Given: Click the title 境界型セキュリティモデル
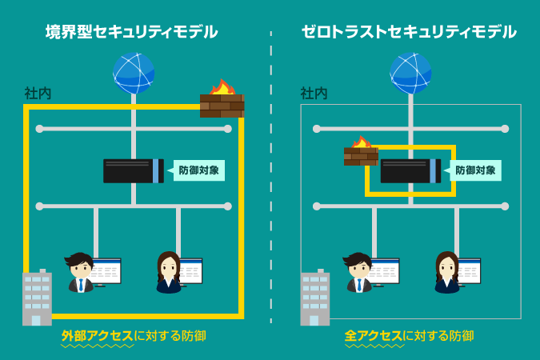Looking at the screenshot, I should pyautogui.click(x=131, y=32).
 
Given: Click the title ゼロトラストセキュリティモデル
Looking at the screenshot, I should pyautogui.click(x=408, y=32).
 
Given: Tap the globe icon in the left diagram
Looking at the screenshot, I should pyautogui.click(x=134, y=73).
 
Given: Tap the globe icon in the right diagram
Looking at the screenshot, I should pyautogui.click(x=410, y=73).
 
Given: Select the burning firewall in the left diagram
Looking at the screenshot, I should pyautogui.click(x=222, y=100).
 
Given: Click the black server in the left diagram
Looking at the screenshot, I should pyautogui.click(x=133, y=170).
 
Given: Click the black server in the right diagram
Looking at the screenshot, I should pyautogui.click(x=410, y=170).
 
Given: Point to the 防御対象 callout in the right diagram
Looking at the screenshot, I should pyautogui.click(x=475, y=170).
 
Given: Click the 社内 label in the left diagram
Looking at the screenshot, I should pyautogui.click(x=38, y=94).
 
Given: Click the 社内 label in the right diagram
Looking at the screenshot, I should pyautogui.click(x=314, y=94).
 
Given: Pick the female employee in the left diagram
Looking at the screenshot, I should pyautogui.click(x=168, y=272).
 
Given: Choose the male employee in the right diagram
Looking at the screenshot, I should pyautogui.click(x=358, y=272).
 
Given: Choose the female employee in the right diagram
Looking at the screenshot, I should pyautogui.click(x=446, y=272).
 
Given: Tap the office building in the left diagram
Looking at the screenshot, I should pyautogui.click(x=37, y=298).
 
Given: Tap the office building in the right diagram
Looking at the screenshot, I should pyautogui.click(x=314, y=298).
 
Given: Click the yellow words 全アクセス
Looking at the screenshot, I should pyautogui.click(x=374, y=336).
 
